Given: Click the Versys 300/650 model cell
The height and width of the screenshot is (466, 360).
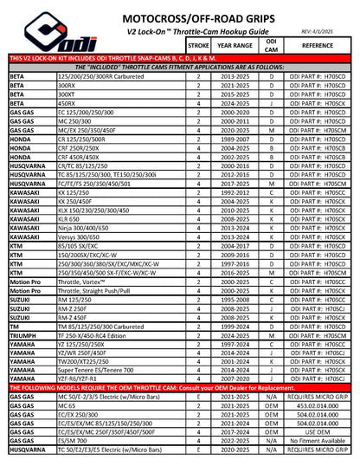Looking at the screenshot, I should click(81, 236).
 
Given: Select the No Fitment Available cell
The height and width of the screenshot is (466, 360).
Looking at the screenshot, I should click(318, 457).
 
